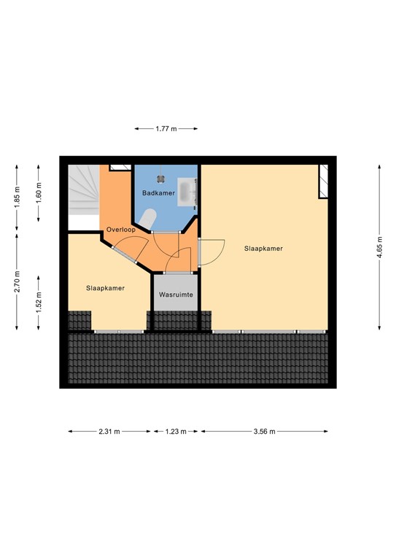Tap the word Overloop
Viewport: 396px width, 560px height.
click(x=120, y=230)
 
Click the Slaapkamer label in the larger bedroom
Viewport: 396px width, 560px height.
click(x=263, y=249)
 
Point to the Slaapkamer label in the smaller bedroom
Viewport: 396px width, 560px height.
click(x=105, y=288)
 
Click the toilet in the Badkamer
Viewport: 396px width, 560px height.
click(x=150, y=218)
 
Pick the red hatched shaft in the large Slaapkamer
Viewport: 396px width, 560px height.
click(x=323, y=182)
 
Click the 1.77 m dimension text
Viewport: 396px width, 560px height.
click(x=166, y=128)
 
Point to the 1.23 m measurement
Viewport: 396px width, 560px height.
click(x=175, y=432)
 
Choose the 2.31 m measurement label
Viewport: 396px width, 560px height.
click(x=111, y=432)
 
